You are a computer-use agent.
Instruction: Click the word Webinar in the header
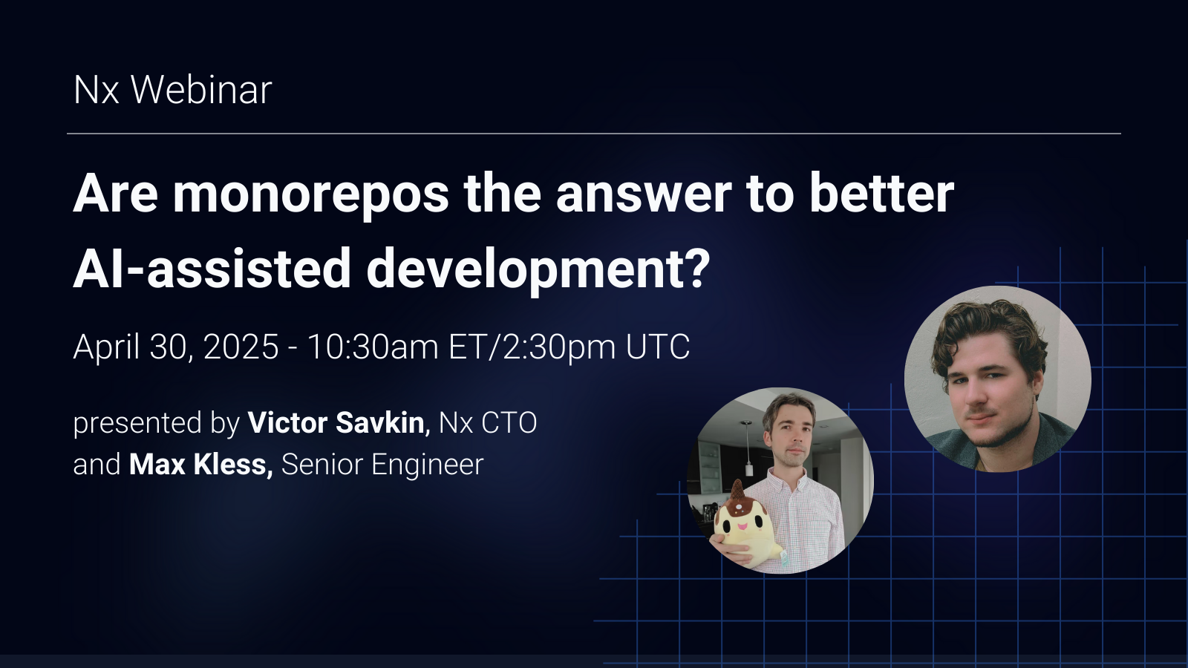201,91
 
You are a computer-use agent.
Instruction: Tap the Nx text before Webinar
96,91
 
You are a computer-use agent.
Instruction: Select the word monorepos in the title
310,194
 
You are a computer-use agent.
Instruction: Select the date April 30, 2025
176,347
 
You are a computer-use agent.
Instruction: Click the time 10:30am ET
395,347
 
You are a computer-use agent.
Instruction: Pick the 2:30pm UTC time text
596,347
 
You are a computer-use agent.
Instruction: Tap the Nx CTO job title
488,423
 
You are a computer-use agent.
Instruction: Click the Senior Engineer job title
382,465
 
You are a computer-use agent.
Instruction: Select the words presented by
156,424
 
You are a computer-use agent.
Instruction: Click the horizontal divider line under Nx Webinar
594,134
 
